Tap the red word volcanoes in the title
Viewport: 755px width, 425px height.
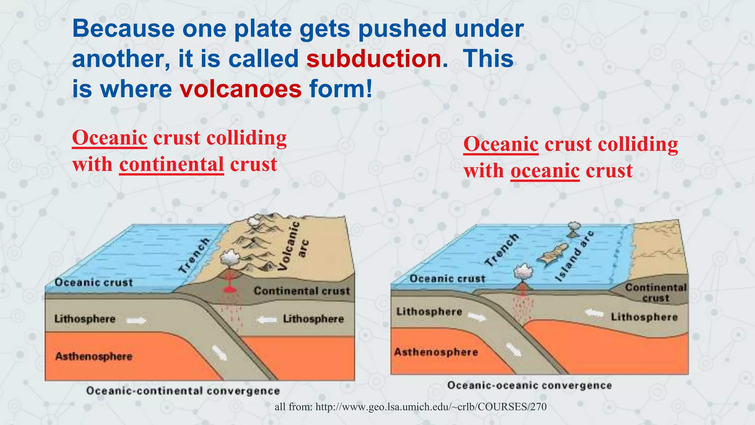tap(241, 89)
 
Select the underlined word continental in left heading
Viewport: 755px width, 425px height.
tap(171, 165)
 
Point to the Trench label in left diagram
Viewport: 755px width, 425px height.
tap(194, 255)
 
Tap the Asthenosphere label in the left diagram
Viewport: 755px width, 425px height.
tap(94, 357)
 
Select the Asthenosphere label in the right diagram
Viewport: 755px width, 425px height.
tap(436, 352)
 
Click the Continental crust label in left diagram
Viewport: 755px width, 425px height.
tap(302, 291)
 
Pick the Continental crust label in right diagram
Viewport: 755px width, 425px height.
tap(656, 293)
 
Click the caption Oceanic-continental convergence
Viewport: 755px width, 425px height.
tap(183, 391)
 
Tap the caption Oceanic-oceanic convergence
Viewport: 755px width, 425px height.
tap(529, 386)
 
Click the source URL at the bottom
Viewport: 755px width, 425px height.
tap(410, 407)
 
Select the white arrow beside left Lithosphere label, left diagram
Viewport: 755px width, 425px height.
tap(136, 321)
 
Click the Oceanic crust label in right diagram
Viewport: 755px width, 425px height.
tap(447, 279)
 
